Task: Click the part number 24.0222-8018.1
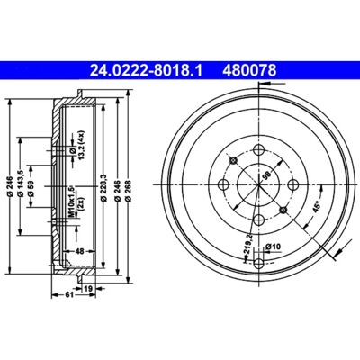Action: tap(146, 71)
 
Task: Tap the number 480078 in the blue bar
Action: tap(249, 71)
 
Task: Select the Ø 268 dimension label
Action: tap(128, 190)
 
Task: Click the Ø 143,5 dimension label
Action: tap(22, 184)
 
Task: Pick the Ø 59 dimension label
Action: tap(31, 188)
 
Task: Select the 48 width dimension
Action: tap(79, 251)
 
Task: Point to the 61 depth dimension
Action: tap(69, 295)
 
